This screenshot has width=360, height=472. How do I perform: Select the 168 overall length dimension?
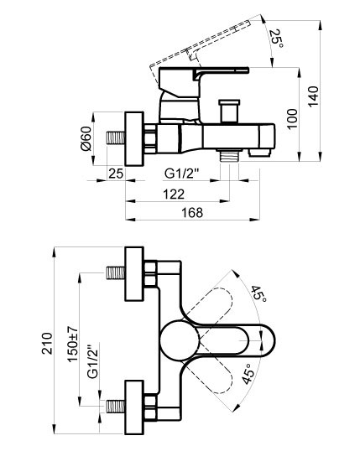click(192, 213)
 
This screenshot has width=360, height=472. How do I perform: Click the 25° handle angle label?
click(277, 36)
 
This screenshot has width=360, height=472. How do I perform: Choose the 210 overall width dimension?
click(47, 342)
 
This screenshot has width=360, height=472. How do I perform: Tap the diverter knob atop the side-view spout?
click(227, 111)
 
